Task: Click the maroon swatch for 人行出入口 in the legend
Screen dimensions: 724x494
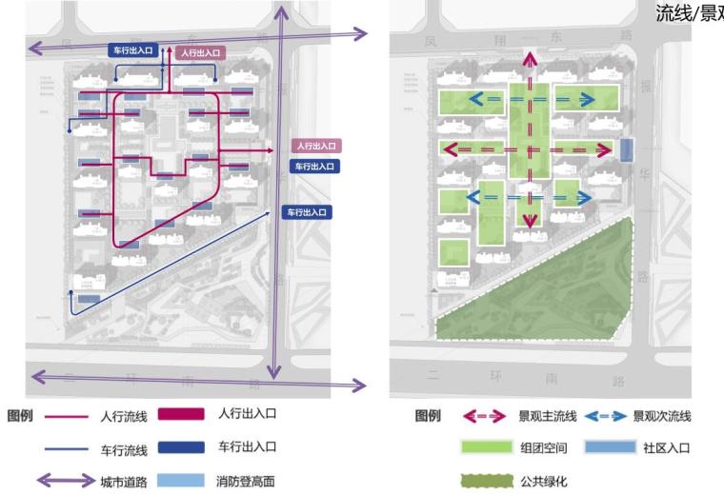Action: coord(181,414)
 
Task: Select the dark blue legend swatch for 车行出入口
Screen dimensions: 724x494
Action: coord(181,446)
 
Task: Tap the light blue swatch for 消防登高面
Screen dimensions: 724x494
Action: coord(181,480)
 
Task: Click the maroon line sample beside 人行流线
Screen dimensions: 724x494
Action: coord(68,416)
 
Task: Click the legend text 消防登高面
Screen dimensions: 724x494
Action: coord(247,480)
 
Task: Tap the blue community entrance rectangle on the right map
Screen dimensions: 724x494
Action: coord(626,149)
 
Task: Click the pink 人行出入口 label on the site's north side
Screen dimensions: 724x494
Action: coord(198,54)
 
